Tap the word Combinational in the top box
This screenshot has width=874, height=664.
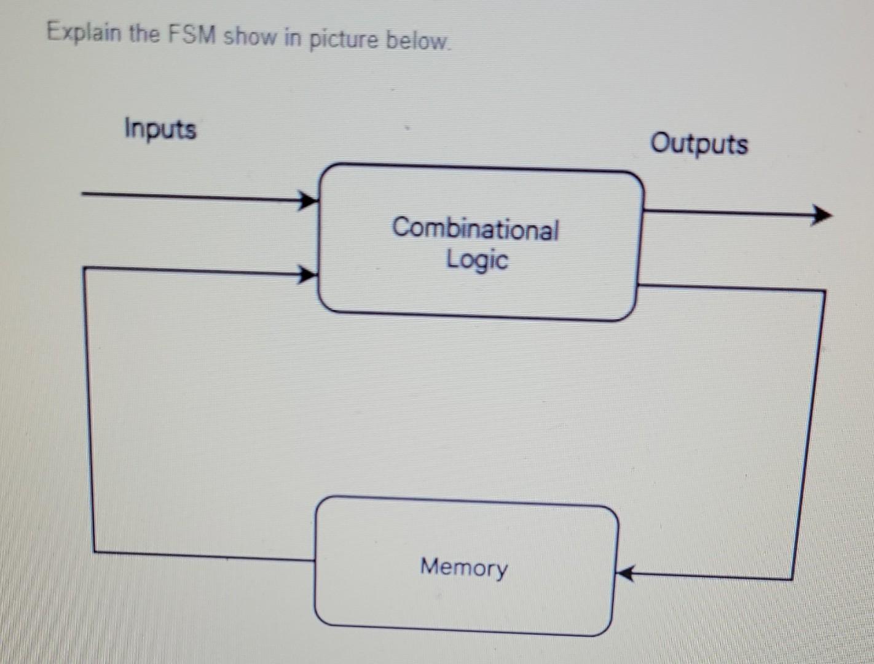[x=475, y=229]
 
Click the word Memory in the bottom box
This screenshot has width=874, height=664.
[x=464, y=567]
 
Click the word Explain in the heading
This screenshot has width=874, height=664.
[x=84, y=32]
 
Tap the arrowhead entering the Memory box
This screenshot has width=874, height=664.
[x=624, y=574]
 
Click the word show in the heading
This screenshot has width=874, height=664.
[x=250, y=36]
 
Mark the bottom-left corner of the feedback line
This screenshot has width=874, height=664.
[x=95, y=551]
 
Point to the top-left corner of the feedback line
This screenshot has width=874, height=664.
[x=84, y=268]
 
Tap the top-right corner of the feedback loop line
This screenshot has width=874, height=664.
[x=824, y=291]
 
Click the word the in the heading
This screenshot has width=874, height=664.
[x=144, y=33]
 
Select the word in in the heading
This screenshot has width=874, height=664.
[x=291, y=38]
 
